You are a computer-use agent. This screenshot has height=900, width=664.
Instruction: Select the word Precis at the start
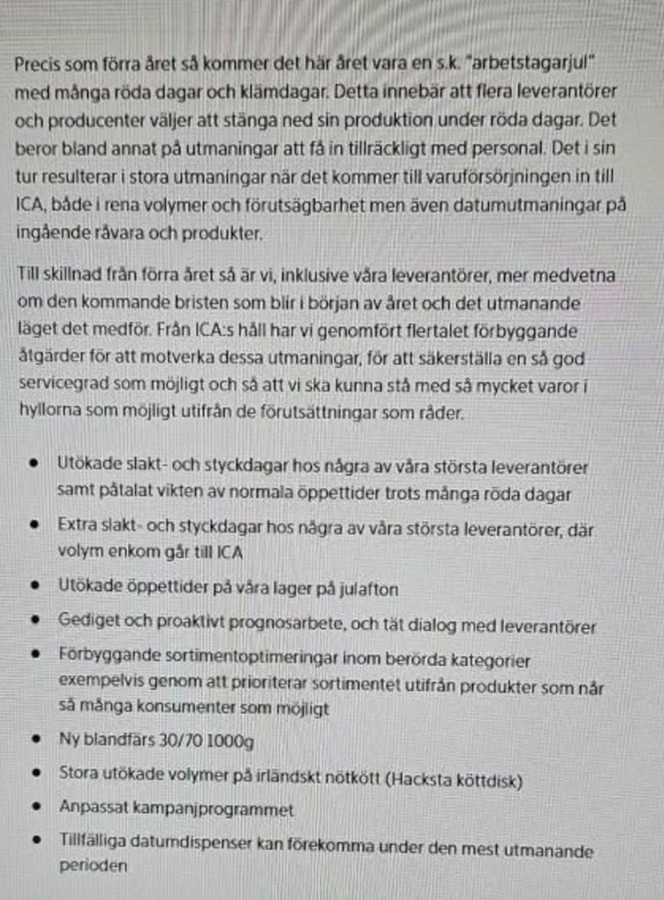(37, 66)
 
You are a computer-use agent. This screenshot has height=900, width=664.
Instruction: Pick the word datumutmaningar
(483, 207)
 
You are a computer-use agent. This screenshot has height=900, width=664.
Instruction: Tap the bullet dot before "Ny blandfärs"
(35, 738)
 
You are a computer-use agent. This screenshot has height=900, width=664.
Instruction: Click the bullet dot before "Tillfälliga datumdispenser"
(35, 840)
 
